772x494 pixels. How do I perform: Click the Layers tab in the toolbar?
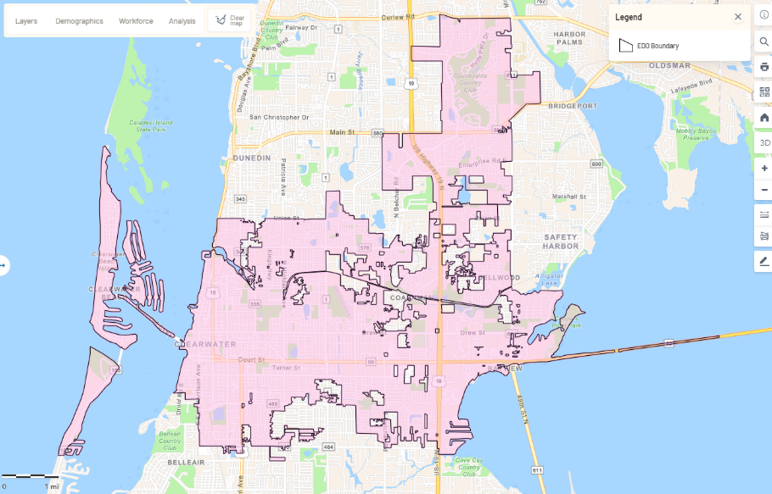pos(26,20)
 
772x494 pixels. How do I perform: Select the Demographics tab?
pos(79,20)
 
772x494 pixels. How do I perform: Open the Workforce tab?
pos(136,20)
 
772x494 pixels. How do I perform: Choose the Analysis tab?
pos(182,20)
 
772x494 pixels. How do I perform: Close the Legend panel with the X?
pos(737,17)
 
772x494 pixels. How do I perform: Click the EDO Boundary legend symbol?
pos(626,46)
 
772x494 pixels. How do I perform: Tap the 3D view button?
pos(764,143)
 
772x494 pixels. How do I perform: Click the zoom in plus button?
pos(764,169)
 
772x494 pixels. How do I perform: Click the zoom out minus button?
pos(764,190)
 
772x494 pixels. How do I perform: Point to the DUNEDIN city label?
pos(251,158)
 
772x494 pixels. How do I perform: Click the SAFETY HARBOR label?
pos(561,241)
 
